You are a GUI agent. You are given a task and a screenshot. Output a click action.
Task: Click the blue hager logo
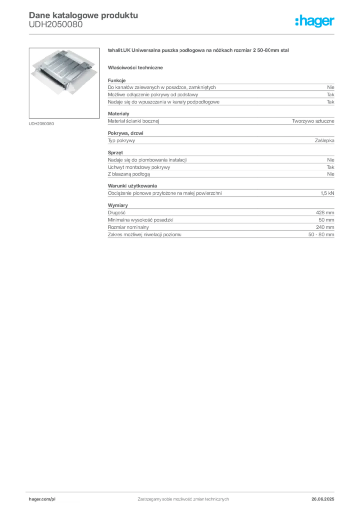pos(315,22)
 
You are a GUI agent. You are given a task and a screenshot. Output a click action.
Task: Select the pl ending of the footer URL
pos(52,498)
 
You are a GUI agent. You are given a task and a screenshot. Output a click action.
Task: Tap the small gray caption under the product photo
pos(41,123)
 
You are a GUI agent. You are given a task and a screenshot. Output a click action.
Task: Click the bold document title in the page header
pos(83,14)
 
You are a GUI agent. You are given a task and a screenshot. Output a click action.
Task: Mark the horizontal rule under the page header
pos(183,34)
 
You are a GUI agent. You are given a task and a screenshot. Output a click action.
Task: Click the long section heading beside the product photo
pos(199,51)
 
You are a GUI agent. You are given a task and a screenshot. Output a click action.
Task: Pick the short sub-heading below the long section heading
pos(137,67)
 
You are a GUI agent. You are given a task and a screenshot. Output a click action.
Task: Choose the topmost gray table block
pos(220,92)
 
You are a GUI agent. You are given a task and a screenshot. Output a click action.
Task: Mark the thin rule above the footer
pos(183,491)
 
